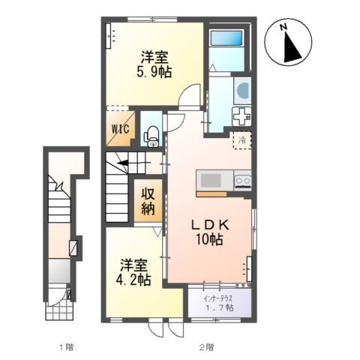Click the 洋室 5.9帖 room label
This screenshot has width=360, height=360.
click(154, 64)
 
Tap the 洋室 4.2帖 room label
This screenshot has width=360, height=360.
click(133, 272)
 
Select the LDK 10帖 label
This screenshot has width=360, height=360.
click(209, 232)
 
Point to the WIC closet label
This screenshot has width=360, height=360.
click(121, 129)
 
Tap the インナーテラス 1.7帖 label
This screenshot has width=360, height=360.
click(219, 303)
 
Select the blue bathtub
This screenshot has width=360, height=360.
click(226, 38)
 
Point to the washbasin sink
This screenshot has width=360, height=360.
click(242, 91)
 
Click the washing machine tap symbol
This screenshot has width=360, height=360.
click(241, 116)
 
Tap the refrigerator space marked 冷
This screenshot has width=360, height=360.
click(241, 140)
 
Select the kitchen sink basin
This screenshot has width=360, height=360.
click(211, 181)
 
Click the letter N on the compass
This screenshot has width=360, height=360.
click(283, 27)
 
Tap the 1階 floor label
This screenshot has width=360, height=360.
click(67, 347)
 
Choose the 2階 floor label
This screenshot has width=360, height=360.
click(206, 347)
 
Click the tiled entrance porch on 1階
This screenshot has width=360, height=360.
click(60, 310)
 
